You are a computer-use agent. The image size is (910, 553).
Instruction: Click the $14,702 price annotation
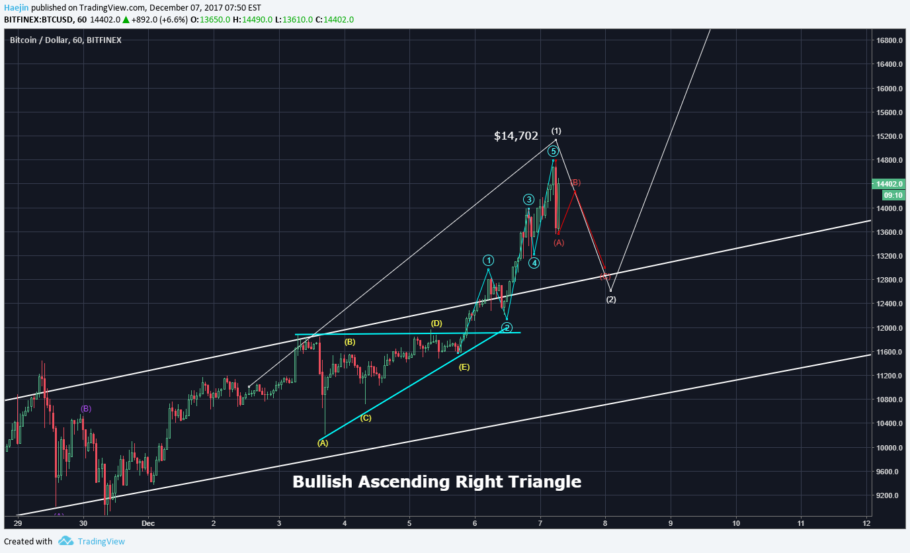pos(516,136)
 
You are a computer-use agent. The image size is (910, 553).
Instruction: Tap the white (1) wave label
pos(556,131)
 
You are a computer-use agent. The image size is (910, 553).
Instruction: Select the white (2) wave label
pos(611,300)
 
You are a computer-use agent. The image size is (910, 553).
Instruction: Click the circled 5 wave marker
pos(554,151)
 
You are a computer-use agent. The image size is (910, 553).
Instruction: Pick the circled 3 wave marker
pos(528,199)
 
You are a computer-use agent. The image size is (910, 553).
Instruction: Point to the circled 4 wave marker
pos(534,263)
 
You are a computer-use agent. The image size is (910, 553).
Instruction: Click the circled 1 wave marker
pos(488,260)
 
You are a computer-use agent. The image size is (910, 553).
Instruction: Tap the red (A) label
pos(559,243)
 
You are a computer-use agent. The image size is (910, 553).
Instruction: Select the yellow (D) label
pos(436,323)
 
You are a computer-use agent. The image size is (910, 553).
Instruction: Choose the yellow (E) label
pos(464,366)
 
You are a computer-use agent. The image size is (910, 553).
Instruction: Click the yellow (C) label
pos(366,417)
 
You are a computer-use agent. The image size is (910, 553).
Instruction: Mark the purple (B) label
pos(86,409)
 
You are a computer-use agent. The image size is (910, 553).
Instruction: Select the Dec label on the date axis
pos(149,523)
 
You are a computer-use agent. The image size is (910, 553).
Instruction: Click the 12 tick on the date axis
pos(866,523)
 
